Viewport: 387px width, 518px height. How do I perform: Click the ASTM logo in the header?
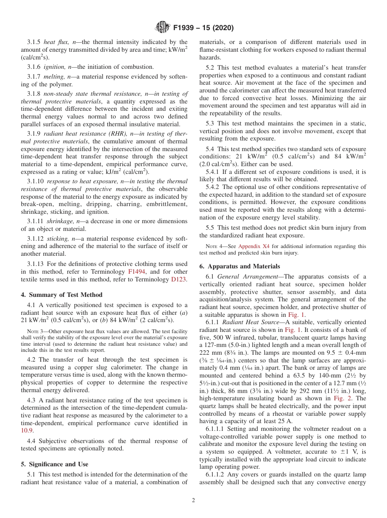pos(162,28)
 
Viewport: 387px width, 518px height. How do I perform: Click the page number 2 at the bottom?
pos(193,500)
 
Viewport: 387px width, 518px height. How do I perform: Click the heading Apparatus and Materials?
pos(240,266)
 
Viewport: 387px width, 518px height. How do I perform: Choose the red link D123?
pos(180,279)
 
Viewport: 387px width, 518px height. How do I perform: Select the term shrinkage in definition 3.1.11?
pos(58,221)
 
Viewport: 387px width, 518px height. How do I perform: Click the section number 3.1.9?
pos(34,133)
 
